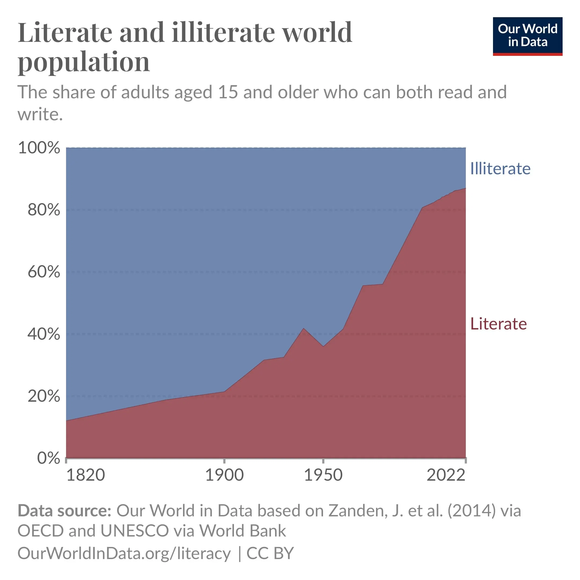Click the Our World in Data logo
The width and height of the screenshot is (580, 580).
pyautogui.click(x=527, y=36)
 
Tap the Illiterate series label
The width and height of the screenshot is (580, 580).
pyautogui.click(x=500, y=168)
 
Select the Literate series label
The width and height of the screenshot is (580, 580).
pyautogui.click(x=498, y=324)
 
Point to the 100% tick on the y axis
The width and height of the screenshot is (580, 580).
pyautogui.click(x=39, y=148)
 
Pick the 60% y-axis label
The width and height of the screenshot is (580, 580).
pyautogui.click(x=44, y=272)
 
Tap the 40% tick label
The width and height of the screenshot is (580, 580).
pyautogui.click(x=44, y=334)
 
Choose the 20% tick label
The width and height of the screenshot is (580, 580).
pyautogui.click(x=44, y=396)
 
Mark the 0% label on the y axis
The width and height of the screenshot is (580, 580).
pyautogui.click(x=49, y=458)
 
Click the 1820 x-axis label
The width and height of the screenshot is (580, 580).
pyautogui.click(x=86, y=475)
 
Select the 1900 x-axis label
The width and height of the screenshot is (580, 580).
pyautogui.click(x=224, y=475)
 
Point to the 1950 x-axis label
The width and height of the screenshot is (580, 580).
pyautogui.click(x=323, y=475)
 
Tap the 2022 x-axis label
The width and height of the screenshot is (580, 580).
pyautogui.click(x=446, y=475)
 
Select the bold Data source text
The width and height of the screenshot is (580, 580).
pyautogui.click(x=64, y=511)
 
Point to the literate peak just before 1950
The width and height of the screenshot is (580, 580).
pyautogui.click(x=303, y=328)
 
